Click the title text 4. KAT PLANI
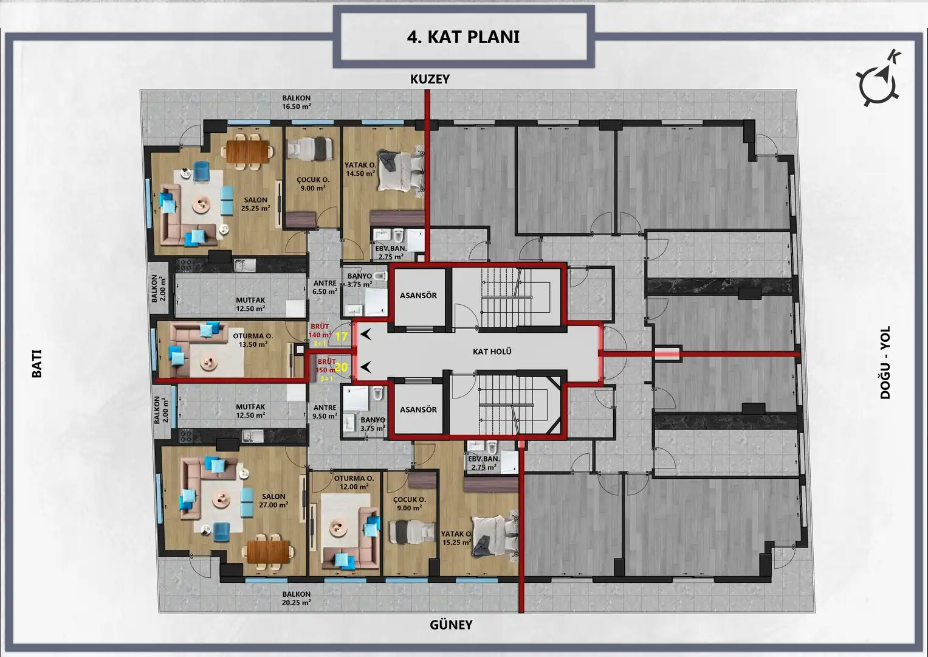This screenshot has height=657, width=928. tap(463, 37)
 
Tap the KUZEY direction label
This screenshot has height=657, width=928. tap(430, 79)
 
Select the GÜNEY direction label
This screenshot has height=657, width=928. tap(451, 625)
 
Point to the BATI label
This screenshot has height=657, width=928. tap(37, 363)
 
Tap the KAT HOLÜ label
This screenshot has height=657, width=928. tap(492, 352)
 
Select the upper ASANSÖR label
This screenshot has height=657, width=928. tap(418, 295)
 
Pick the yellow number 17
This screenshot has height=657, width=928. tap(341, 336)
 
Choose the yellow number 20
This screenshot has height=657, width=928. tap(341, 367)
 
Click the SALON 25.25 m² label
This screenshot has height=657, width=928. tap(255, 204)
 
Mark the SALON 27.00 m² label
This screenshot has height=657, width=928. tap(273, 501)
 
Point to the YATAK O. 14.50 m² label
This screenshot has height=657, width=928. tap(360, 169)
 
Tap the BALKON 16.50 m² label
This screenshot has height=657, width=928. tap(297, 102)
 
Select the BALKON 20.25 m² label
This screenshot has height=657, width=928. tap(297, 598)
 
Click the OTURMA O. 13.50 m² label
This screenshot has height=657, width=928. tap(253, 340)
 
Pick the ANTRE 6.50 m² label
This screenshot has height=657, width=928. tap(325, 287)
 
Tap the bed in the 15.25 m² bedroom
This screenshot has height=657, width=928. tap(495, 538)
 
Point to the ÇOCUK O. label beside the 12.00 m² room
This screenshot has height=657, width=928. tap(410, 500)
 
